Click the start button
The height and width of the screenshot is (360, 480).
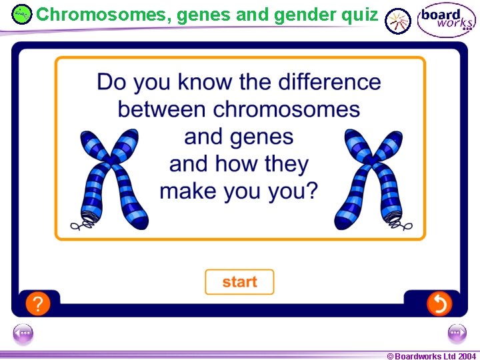(239, 282)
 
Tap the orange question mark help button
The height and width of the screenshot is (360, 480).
(38, 304)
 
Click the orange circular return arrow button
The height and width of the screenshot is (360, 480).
(439, 304)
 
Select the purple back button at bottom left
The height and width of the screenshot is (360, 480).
(23, 333)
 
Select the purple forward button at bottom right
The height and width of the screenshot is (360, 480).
(457, 333)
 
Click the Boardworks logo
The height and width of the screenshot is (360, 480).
(446, 20)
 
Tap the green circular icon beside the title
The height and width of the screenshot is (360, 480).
(22, 14)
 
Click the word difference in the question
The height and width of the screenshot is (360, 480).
(329, 83)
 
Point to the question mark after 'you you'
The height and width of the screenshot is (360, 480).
(311, 191)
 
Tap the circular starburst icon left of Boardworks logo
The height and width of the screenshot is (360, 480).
(398, 21)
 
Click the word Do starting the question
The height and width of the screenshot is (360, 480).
(111, 83)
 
